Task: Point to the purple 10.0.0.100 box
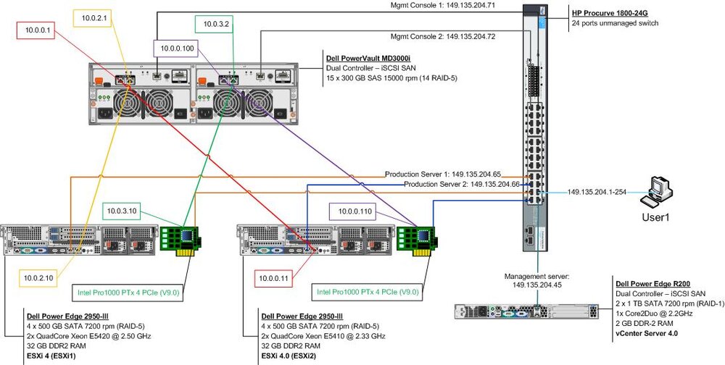click(x=177, y=48)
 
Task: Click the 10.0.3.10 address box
click(x=122, y=211)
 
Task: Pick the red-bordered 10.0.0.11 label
click(x=273, y=278)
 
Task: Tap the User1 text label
click(x=655, y=217)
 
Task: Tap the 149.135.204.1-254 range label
click(x=597, y=192)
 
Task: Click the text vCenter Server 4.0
click(x=647, y=333)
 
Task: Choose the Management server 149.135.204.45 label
click(x=536, y=280)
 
